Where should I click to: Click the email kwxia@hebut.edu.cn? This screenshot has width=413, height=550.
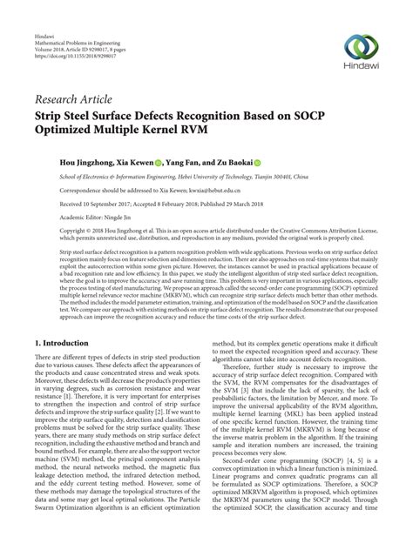tap(214, 190)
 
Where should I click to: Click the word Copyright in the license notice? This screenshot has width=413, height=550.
tap(50, 231)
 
